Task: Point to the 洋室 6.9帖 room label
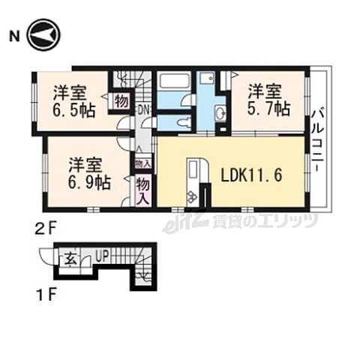click(x=86, y=172)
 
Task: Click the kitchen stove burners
click(x=193, y=196)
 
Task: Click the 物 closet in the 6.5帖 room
click(x=121, y=102)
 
